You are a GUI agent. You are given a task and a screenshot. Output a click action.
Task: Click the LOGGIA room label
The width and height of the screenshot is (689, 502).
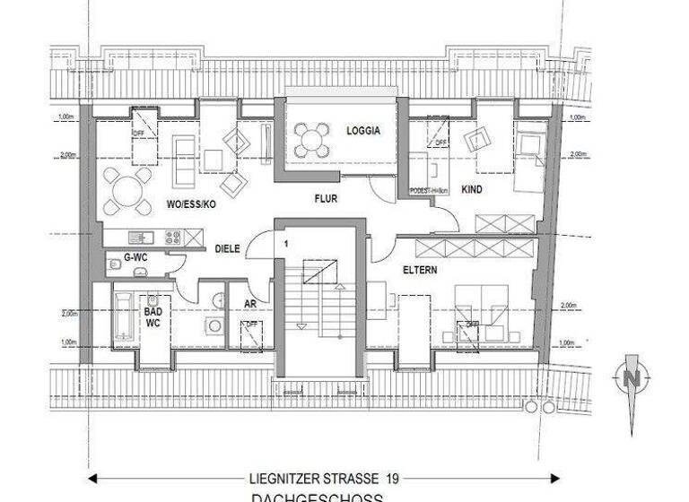click(363, 131)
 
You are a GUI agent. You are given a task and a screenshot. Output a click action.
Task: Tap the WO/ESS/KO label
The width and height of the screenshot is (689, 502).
click(191, 204)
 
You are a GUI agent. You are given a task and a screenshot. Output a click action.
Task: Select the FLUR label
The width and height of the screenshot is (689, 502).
click(325, 198)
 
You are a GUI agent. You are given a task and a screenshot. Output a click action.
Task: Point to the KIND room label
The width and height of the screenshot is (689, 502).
click(472, 191)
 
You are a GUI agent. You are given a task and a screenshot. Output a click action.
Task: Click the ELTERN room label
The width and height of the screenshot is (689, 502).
click(419, 268)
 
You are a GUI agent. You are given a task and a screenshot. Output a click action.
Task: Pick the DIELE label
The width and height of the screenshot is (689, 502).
click(227, 249)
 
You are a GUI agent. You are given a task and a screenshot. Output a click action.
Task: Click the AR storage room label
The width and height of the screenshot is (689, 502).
click(250, 303)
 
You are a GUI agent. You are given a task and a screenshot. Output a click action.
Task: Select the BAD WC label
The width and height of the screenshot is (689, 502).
click(153, 315)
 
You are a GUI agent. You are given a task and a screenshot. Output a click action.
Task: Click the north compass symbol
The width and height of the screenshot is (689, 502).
click(632, 378)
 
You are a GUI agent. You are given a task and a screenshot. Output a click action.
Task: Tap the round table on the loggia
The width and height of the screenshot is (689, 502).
click(312, 138)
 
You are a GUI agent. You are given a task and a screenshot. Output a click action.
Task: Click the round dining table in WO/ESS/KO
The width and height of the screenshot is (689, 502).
click(126, 190)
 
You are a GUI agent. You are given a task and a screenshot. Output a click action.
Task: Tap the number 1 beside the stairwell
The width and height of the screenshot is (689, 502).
click(286, 243)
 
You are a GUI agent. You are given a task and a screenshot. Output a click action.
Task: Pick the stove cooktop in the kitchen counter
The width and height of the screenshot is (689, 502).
click(171, 238)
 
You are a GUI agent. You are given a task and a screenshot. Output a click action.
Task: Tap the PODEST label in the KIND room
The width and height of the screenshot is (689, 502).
click(429, 191)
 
